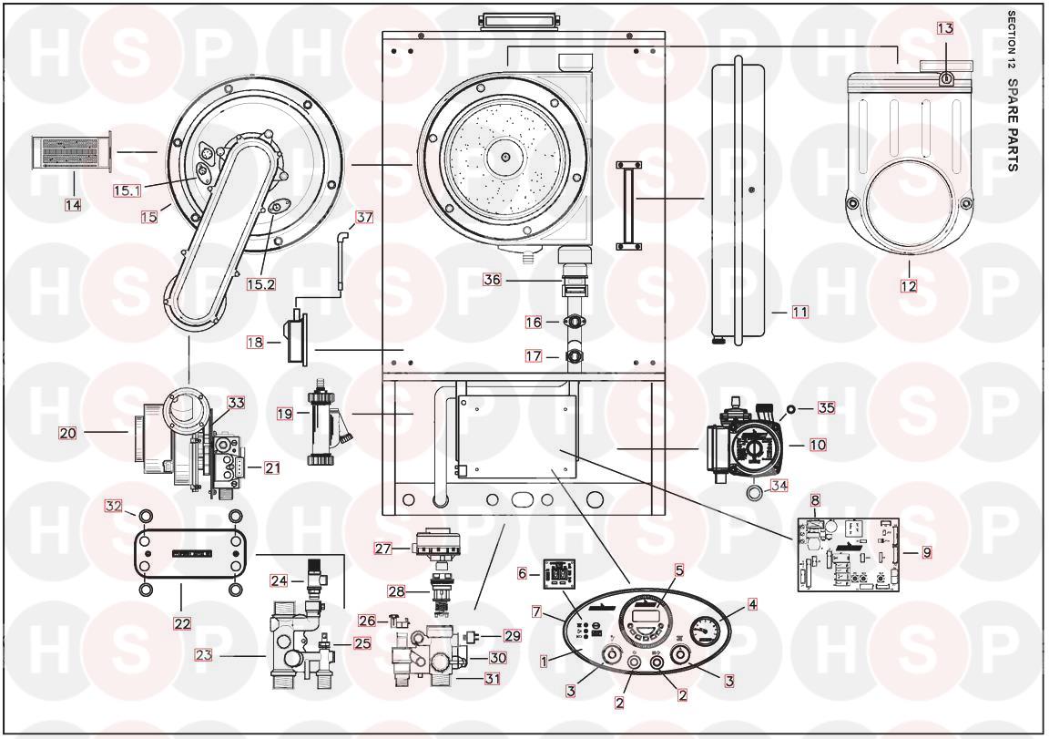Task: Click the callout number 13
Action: coord(944,28)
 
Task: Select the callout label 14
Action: coord(73,205)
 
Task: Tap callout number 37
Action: coord(364,217)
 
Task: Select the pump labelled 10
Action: coord(746,445)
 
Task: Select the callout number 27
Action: coord(382,549)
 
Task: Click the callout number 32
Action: coord(113,506)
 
